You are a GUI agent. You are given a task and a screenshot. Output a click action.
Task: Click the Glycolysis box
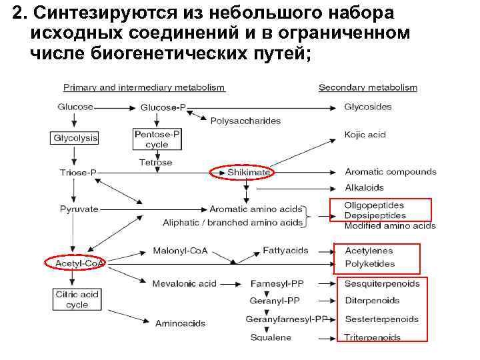coord(75,138)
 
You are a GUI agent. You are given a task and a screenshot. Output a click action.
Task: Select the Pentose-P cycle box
coord(157,139)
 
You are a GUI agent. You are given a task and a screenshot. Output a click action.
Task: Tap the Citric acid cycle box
coord(77,299)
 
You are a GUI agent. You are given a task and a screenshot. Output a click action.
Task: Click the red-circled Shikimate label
coord(249,173)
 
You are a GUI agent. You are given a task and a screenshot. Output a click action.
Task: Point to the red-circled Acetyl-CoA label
coord(77,263)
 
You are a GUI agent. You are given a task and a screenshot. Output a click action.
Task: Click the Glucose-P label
coord(163,107)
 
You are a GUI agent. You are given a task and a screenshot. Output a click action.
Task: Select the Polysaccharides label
coord(245,121)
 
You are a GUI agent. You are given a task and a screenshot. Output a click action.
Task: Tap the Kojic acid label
coord(365,135)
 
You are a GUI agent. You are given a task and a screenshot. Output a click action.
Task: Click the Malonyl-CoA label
coord(180,251)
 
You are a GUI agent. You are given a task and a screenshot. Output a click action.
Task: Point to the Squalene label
coord(271,337)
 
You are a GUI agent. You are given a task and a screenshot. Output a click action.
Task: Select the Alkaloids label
coord(365,187)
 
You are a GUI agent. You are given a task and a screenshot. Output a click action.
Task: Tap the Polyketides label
coord(369,263)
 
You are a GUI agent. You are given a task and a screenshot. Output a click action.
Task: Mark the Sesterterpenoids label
coord(381,319)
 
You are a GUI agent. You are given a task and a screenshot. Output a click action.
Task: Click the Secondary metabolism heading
coord(368,87)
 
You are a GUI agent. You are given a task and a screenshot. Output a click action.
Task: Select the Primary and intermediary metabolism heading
coord(144,87)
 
